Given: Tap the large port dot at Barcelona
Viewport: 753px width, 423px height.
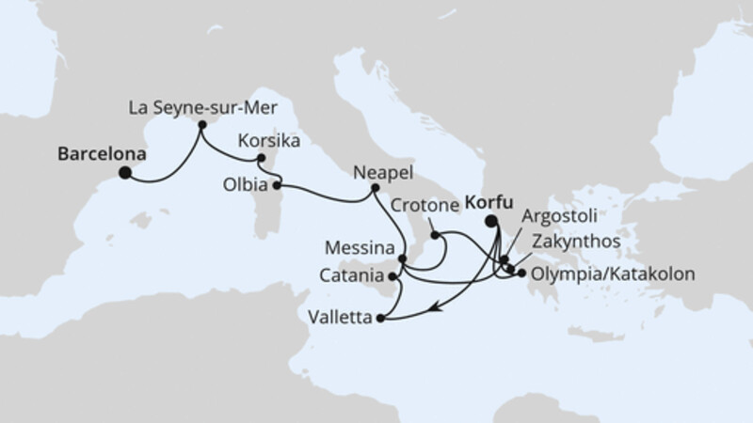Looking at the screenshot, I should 124,172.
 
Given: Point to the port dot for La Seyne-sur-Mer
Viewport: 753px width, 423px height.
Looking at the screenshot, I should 201,123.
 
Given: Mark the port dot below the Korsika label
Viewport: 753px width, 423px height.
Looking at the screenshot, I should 262,158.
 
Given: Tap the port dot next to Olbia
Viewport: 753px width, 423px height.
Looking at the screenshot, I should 277,185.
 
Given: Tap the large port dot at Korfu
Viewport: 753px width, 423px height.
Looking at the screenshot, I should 491,222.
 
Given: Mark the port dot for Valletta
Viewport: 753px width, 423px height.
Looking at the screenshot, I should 380,319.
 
